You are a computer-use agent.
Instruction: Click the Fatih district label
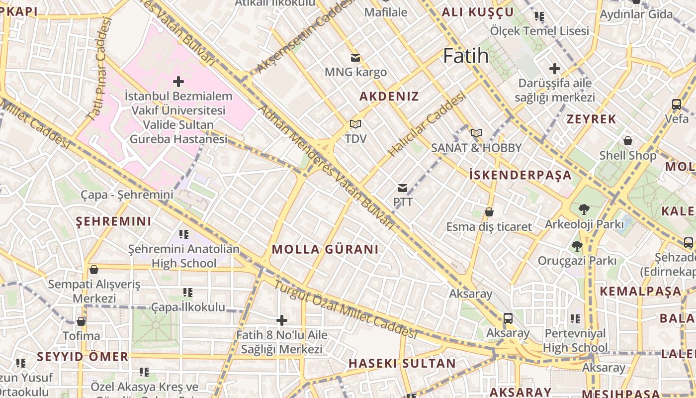click(x=466, y=56)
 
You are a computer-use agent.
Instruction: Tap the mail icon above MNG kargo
click(x=355, y=58)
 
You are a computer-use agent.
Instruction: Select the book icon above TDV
click(x=355, y=124)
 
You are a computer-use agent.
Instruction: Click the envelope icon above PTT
click(x=403, y=188)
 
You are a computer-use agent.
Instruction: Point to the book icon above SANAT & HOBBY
click(x=476, y=133)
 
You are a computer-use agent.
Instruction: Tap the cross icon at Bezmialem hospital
click(x=178, y=81)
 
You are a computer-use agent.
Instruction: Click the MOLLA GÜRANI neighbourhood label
click(x=325, y=249)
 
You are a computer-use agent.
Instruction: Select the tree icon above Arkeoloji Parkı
click(x=584, y=209)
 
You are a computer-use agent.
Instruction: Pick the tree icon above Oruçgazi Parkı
click(x=577, y=246)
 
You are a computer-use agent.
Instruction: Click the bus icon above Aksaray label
click(x=508, y=318)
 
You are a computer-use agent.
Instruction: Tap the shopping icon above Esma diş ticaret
click(x=489, y=212)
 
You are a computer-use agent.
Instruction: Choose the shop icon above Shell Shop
click(x=628, y=141)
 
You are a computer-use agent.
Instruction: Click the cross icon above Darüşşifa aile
click(x=555, y=69)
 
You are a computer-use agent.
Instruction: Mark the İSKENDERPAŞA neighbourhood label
click(x=521, y=175)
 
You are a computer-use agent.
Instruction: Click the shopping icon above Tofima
click(x=81, y=321)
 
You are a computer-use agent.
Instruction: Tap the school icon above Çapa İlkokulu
click(x=188, y=293)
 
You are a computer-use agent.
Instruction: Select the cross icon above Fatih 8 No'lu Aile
click(x=282, y=320)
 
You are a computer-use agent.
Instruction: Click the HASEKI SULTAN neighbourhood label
click(x=402, y=363)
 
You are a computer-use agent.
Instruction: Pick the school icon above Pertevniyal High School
click(x=575, y=318)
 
